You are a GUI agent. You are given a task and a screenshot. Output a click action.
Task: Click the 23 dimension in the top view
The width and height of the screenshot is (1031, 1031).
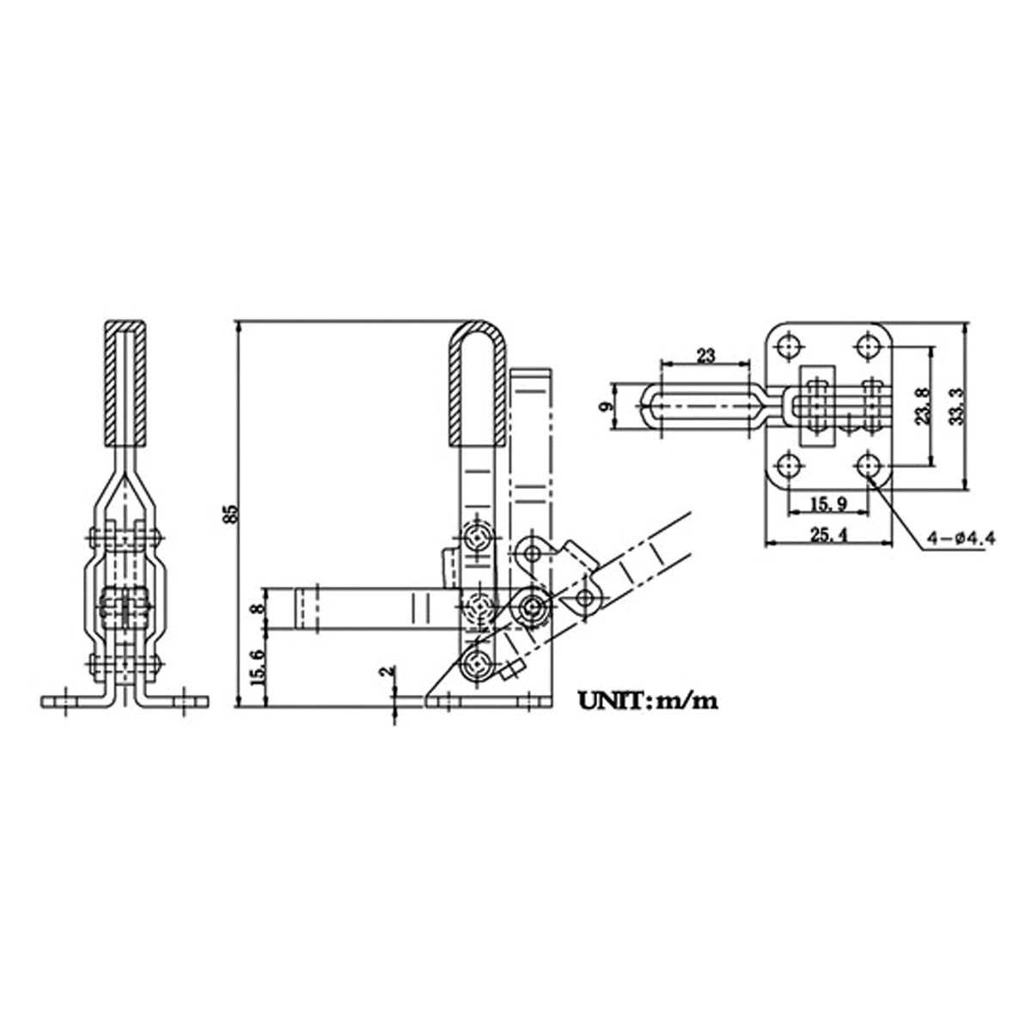tap(705, 355)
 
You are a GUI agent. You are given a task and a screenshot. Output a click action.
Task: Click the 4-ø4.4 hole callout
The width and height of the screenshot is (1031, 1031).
tap(960, 539)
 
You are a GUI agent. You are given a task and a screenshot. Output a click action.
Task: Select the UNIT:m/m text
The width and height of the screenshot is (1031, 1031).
tap(647, 700)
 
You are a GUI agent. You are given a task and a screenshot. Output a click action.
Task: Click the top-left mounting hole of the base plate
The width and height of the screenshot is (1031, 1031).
tap(788, 346)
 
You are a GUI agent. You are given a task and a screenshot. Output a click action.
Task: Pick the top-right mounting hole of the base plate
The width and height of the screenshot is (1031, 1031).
tap(868, 346)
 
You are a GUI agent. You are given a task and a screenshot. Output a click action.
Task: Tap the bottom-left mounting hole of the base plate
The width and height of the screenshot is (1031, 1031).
tap(788, 467)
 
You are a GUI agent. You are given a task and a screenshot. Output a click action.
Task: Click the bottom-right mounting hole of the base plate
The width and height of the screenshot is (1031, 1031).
tap(868, 467)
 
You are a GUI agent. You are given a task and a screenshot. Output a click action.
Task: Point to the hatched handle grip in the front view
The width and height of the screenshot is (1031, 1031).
tap(125, 382)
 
